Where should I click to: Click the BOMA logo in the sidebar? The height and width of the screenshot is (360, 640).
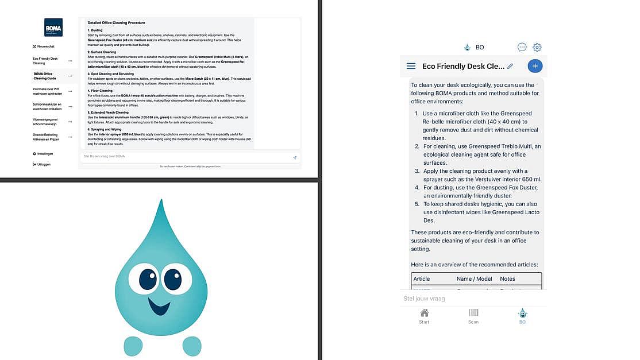tap(53, 27)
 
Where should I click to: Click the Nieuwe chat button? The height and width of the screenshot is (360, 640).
tap(44, 47)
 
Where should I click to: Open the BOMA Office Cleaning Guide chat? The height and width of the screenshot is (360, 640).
tap(46, 76)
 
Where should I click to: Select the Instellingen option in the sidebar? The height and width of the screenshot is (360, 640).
tap(44, 154)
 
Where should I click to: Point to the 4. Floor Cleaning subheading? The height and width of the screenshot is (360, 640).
tap(100, 90)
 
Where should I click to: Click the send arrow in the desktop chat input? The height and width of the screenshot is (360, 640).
tap(295, 157)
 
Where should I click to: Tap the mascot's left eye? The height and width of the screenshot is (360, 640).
tap(148, 279)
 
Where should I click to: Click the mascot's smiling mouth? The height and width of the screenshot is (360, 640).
tap(159, 306)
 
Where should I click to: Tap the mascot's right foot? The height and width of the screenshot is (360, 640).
tap(192, 346)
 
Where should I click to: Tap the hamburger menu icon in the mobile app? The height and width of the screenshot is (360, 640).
tap(411, 66)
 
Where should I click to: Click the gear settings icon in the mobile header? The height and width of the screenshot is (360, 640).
tap(537, 48)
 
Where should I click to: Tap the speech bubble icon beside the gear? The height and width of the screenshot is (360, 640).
tap(522, 48)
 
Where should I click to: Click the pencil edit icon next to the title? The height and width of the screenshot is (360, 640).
tap(510, 66)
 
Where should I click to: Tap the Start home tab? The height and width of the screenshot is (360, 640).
tap(424, 316)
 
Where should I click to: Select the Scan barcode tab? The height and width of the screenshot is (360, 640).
tap(473, 316)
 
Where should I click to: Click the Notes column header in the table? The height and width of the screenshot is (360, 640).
tap(507, 279)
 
